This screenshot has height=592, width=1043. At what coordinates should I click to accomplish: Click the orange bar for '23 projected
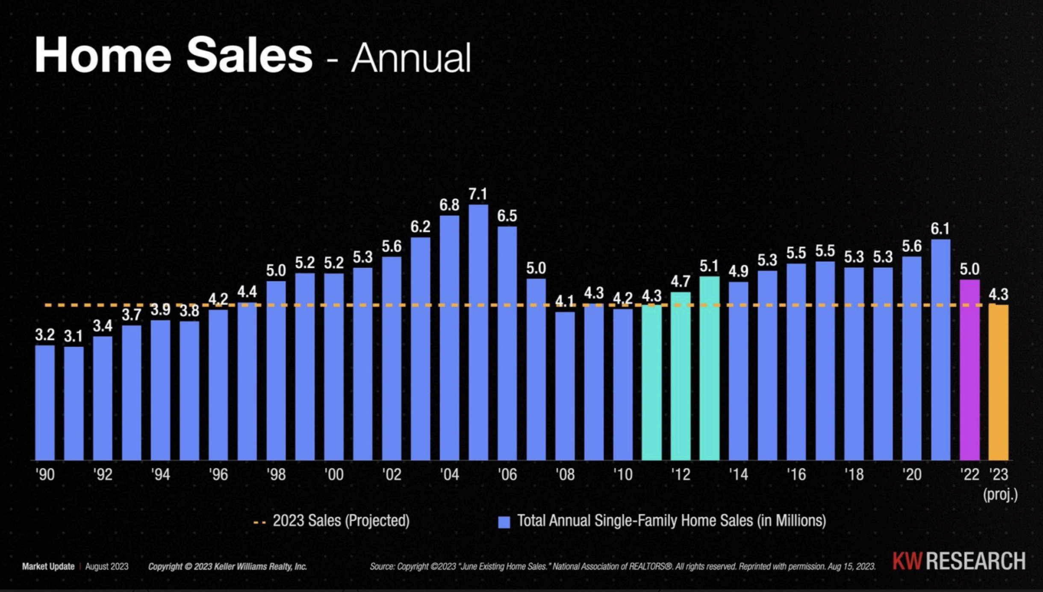click(998, 383)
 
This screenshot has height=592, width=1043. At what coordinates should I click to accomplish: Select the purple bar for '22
click(969, 370)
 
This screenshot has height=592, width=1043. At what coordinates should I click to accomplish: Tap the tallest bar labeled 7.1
click(478, 332)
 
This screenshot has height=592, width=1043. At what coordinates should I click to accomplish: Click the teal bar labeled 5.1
click(709, 368)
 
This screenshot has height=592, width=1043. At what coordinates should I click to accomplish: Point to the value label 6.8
click(449, 205)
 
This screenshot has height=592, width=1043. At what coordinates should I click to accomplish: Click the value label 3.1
click(73, 337)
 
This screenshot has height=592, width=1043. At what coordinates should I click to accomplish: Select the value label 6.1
click(940, 229)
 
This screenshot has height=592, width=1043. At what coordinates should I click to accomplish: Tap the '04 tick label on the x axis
click(449, 474)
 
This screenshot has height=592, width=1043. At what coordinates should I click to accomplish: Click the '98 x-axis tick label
click(276, 474)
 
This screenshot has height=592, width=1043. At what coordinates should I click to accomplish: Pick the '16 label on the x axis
click(796, 474)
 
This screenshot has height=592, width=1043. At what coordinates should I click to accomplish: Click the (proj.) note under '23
click(1000, 494)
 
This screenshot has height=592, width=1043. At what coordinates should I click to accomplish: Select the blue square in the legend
click(504, 522)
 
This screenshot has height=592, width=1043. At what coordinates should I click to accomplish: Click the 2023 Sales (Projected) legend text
click(341, 521)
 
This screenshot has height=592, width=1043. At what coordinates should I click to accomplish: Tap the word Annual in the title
click(411, 58)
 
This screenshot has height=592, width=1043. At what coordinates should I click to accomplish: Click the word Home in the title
click(103, 56)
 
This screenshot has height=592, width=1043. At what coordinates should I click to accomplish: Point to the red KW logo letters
click(907, 561)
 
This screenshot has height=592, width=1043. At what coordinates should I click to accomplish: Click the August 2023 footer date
click(107, 566)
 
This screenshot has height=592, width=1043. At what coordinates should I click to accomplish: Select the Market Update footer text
click(48, 566)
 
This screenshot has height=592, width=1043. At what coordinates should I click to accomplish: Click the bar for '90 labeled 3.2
click(45, 403)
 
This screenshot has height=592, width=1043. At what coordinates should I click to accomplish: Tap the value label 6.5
click(507, 216)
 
